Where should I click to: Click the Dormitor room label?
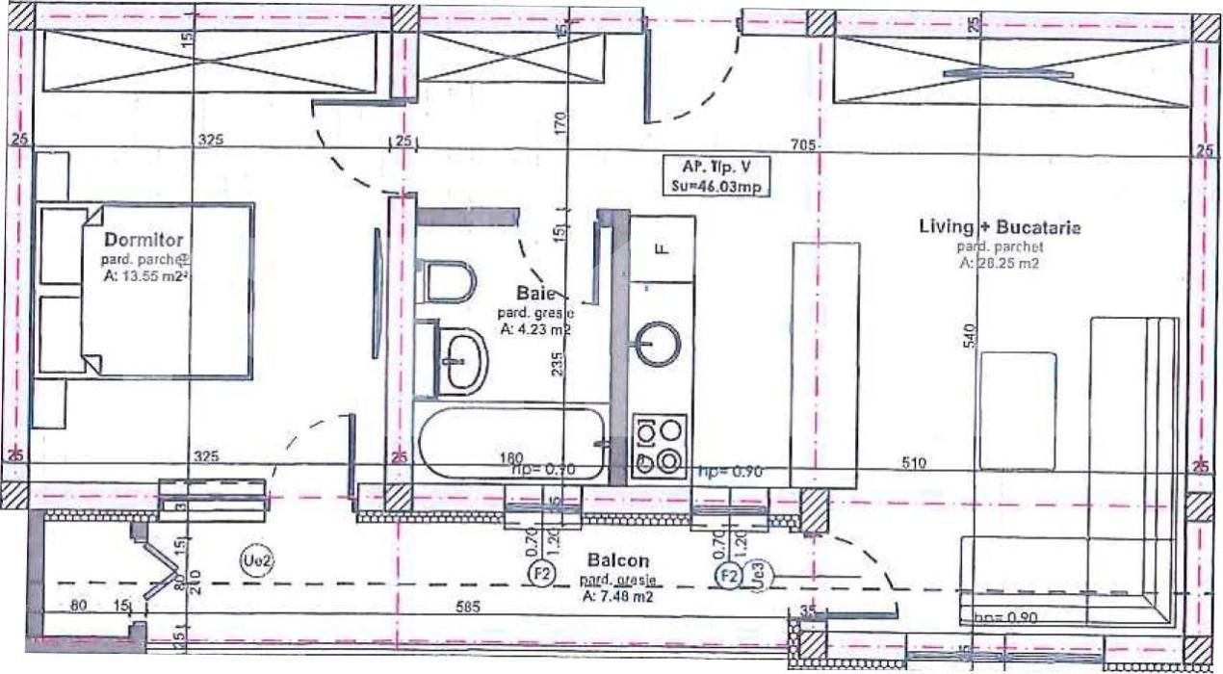(x=144, y=239)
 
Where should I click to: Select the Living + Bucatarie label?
(x=999, y=228)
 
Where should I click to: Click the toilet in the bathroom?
(x=450, y=281)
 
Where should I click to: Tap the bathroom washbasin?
(x=461, y=360)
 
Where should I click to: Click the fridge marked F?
(x=662, y=248)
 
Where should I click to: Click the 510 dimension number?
(x=913, y=463)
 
